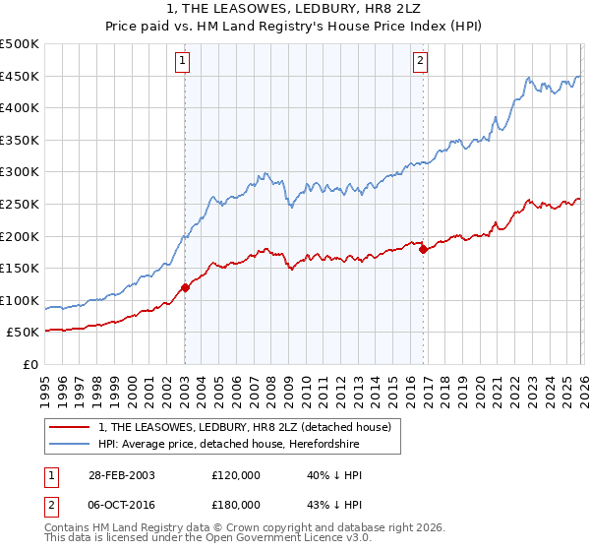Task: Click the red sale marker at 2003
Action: tap(185, 287)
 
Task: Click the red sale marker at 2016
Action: tap(423, 250)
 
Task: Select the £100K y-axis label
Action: tap(20, 300)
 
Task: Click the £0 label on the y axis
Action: tap(30, 364)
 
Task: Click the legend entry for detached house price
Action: tap(245, 427)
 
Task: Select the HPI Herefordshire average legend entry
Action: tap(228, 445)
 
